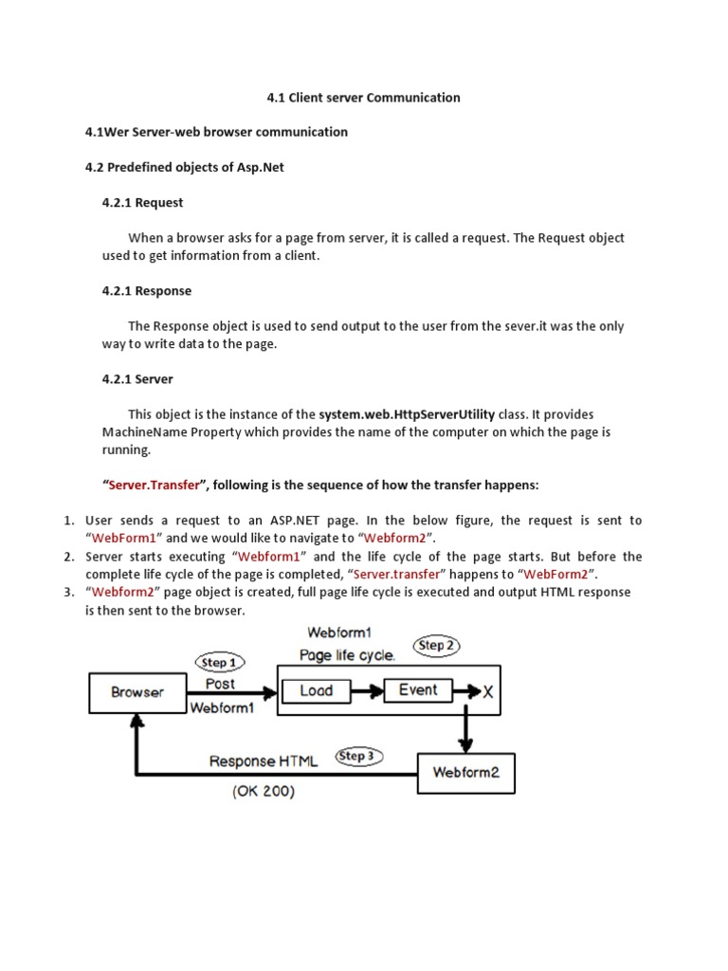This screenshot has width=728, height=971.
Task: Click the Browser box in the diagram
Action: click(137, 692)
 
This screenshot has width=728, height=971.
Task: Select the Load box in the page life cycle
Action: click(316, 690)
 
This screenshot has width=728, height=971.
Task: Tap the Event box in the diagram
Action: click(418, 690)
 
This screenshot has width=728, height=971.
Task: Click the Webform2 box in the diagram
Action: click(465, 773)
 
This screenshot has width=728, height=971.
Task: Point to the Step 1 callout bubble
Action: click(219, 663)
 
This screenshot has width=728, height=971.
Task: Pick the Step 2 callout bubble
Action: click(437, 646)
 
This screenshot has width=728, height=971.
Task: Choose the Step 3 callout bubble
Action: click(359, 756)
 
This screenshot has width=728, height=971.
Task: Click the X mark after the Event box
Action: click(488, 692)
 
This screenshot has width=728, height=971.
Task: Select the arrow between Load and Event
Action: click(366, 691)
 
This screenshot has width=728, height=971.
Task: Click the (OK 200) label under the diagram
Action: click(264, 792)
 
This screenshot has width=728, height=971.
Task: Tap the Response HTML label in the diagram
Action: click(264, 761)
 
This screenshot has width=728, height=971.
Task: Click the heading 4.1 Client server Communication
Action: click(361, 97)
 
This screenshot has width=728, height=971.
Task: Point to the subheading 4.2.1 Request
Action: click(142, 202)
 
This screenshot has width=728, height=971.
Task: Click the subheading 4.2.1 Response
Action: click(147, 290)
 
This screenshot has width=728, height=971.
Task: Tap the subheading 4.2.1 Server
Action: click(137, 378)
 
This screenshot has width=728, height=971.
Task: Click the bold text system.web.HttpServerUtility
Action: click(407, 414)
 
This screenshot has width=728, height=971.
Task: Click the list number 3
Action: click(69, 592)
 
